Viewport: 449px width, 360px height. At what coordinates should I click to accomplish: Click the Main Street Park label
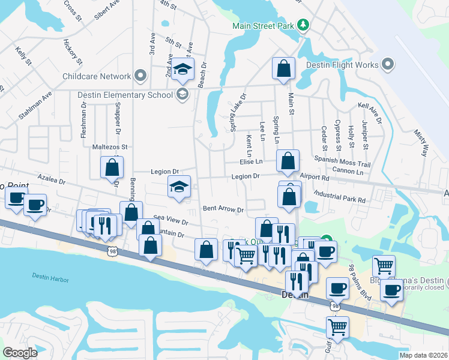coord(265,26)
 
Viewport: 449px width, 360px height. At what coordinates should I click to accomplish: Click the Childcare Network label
coord(97,76)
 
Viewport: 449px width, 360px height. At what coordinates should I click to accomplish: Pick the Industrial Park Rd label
coord(339,197)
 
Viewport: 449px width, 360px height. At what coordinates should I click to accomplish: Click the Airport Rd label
coord(315,178)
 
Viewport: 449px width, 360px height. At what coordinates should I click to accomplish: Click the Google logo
coord(20,352)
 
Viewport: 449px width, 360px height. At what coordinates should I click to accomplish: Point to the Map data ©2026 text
coord(423,355)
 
